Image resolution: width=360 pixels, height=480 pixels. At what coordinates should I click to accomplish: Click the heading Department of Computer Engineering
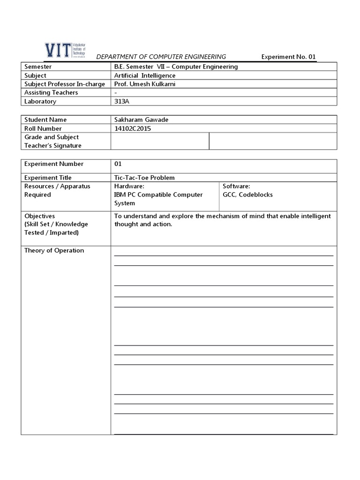(161, 57)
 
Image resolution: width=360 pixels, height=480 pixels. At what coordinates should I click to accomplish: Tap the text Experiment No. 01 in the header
(289, 57)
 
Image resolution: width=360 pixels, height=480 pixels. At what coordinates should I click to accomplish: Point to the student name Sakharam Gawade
(141, 120)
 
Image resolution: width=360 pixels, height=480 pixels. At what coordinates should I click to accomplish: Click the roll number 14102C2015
(134, 128)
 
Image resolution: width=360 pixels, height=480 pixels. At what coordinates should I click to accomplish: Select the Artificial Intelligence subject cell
(145, 75)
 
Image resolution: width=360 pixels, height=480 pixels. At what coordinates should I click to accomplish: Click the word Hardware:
(129, 186)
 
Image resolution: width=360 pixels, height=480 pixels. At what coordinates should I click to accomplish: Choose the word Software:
(236, 186)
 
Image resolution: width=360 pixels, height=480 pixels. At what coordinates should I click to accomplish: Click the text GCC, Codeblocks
(247, 195)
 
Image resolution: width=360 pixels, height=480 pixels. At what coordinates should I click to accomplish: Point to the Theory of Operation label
(54, 250)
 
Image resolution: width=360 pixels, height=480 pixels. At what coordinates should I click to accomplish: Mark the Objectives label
(39, 216)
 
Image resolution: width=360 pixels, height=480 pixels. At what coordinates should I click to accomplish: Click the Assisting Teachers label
(51, 93)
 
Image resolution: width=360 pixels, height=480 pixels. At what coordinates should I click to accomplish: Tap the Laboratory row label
(40, 101)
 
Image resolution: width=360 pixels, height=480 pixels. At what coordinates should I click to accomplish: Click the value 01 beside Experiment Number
(118, 164)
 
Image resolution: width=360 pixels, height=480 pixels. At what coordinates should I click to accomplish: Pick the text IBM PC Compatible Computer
(158, 195)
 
